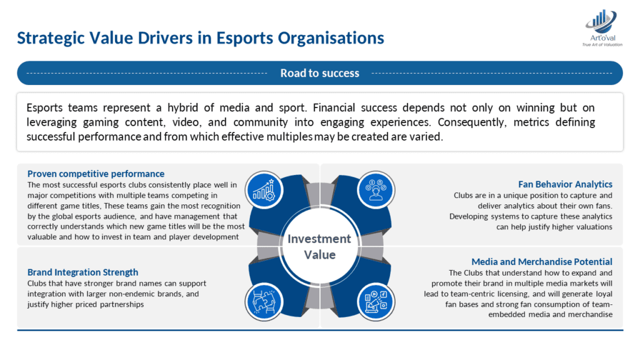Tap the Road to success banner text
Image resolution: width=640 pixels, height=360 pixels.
[x=319, y=73]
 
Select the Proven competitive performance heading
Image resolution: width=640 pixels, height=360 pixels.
[x=96, y=174]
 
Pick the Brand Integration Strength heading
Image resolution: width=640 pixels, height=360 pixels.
[x=82, y=272]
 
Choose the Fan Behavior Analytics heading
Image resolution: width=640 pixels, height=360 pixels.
[x=565, y=184]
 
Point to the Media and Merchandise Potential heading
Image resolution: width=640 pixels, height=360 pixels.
[x=542, y=262]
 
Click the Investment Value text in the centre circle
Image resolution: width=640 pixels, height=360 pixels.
[x=319, y=246]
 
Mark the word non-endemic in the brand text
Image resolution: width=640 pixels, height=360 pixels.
[x=144, y=294]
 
